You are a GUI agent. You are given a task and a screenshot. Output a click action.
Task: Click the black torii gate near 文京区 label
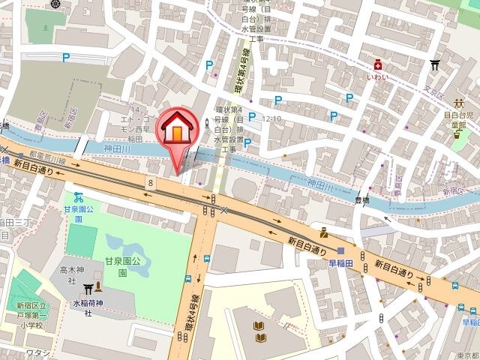click(434, 65)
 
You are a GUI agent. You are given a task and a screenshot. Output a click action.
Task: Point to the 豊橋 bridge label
click(362, 199)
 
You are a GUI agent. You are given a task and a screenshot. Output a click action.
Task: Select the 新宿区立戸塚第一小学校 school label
click(31, 316)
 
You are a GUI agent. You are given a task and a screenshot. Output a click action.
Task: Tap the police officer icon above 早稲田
click(323, 232)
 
